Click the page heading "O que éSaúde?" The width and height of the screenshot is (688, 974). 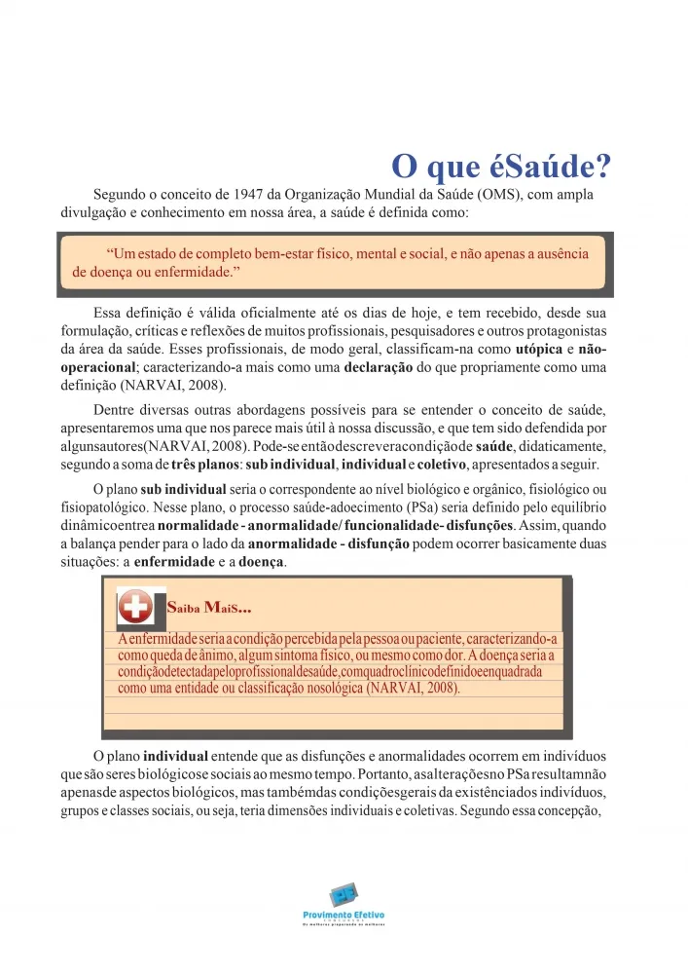pyautogui.click(x=500, y=166)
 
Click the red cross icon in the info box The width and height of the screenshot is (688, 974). pyautogui.click(x=136, y=608)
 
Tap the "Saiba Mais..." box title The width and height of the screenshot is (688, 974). pyautogui.click(x=209, y=610)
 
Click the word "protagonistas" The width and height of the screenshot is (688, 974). pyautogui.click(x=567, y=331)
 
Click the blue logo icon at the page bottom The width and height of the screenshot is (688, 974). pyautogui.click(x=343, y=893)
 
